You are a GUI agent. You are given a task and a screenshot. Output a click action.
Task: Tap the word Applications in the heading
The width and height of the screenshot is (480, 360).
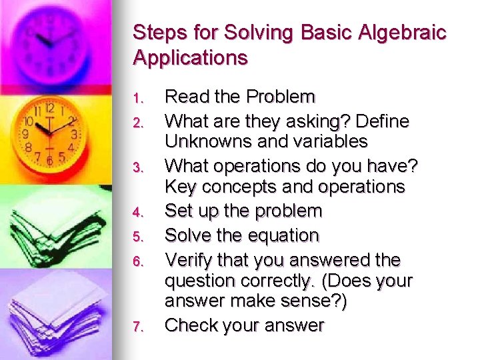[x=191, y=58]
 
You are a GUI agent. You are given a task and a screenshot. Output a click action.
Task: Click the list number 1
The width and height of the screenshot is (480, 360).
[x=137, y=99]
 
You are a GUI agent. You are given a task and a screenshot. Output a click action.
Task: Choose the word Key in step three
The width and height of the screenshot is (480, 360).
[x=178, y=187]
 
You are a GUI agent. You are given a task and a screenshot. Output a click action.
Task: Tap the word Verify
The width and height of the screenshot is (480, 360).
[x=189, y=260]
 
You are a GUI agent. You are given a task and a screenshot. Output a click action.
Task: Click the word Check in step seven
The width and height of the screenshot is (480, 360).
[x=189, y=326]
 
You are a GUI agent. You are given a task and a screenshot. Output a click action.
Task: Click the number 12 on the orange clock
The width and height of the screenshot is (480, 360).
[x=50, y=108]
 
